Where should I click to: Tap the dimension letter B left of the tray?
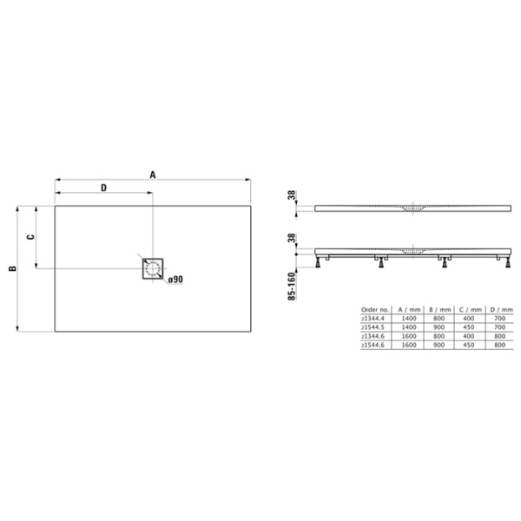point(11,268)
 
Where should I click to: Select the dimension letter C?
point(29,237)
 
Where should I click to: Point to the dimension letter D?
point(103,188)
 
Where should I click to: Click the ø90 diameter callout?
point(174,279)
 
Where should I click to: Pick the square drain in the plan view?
point(154,268)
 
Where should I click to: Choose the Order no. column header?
point(374,309)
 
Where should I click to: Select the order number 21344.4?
point(373,319)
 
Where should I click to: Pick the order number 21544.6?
point(373,345)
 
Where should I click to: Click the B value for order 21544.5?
point(439,327)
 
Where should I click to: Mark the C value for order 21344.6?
point(469,336)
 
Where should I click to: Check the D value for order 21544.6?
point(499,345)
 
